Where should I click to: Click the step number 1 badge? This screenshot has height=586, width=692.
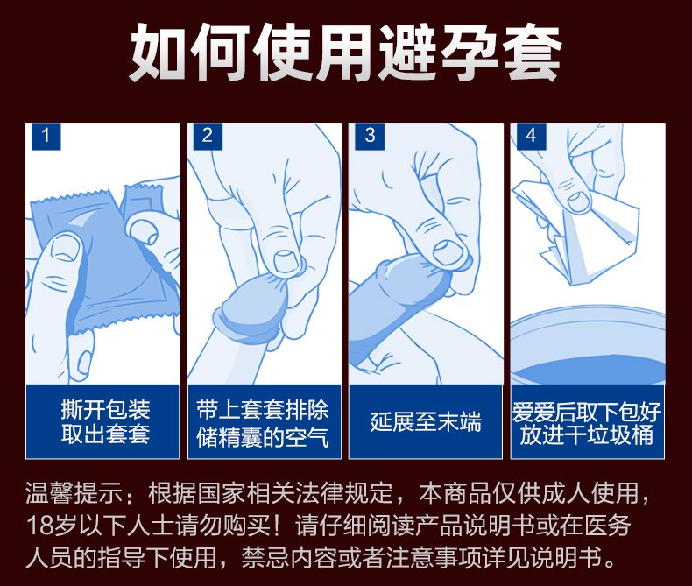coord(46,136)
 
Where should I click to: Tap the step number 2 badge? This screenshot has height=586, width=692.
coord(208,136)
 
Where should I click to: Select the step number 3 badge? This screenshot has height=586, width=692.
coord(370,136)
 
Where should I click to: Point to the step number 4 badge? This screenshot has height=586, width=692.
coord(532,136)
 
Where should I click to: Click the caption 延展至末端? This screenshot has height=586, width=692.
coord(426,422)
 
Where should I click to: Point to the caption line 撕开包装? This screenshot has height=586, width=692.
coord(105,410)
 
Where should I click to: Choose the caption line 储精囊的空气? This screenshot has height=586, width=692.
coord(263,437)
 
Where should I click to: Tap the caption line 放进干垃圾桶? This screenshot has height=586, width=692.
coord(587,435)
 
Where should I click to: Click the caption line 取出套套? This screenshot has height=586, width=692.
coord(105,434)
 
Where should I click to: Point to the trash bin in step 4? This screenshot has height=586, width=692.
coord(588,346)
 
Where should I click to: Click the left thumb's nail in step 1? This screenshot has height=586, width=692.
coord(65,247)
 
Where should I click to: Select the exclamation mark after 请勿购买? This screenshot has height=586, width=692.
coord(280,526)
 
